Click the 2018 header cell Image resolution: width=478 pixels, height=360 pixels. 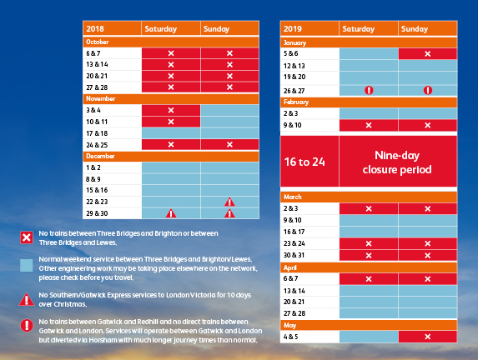pos(112,28)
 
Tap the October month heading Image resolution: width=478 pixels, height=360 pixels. pos(98,42)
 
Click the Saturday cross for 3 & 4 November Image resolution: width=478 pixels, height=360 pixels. pos(171,110)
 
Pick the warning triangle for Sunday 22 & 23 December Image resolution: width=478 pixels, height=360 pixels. pos(229,202)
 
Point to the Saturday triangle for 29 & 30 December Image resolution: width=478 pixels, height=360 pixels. pos(171,213)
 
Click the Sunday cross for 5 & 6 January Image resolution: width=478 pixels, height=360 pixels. pos(428,54)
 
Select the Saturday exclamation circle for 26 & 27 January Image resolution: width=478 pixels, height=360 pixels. pos(369,90)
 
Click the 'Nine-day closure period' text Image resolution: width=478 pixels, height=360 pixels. pos(397,162)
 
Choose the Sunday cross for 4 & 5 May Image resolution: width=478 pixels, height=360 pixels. pos(428,337)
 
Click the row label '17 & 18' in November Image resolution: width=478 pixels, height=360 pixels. pos(97,133)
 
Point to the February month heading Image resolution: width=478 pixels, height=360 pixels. pos(296,102)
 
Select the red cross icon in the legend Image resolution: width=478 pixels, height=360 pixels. pos(27,237)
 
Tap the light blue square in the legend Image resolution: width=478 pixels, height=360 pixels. pos(27,265)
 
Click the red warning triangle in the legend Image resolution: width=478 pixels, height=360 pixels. pos(27,299)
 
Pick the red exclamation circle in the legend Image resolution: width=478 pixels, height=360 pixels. pos(27,325)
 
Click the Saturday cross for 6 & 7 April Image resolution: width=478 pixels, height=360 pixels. pos(369,279)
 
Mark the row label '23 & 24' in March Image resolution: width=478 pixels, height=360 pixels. pos(294,243)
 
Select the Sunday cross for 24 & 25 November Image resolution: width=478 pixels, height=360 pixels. pos(229,145)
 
